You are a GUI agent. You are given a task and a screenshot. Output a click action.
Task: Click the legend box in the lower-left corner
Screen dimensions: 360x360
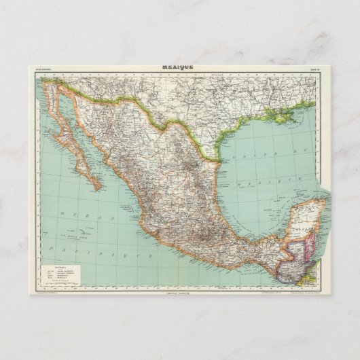[68, 271]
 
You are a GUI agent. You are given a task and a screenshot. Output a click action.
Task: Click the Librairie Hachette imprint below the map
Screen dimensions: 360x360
[178, 293]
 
